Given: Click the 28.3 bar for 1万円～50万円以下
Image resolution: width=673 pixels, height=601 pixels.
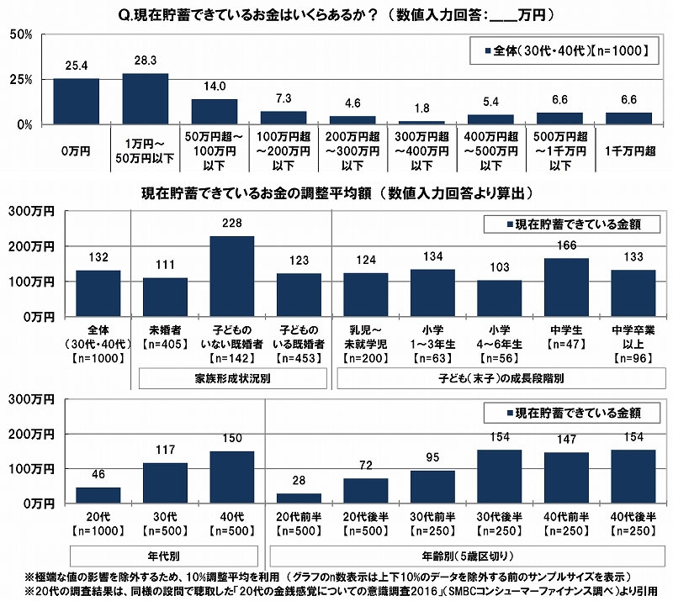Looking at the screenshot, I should pyautogui.click(x=146, y=99).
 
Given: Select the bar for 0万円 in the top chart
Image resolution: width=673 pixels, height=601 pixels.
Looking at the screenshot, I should pyautogui.click(x=77, y=102).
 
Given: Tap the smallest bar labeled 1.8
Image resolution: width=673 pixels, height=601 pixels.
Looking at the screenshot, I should pyautogui.click(x=421, y=122).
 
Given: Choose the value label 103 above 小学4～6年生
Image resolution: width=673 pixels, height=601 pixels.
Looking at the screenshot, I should pyautogui.click(x=501, y=267).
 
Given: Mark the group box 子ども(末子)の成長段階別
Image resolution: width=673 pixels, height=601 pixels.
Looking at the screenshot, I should pyautogui.click(x=500, y=378).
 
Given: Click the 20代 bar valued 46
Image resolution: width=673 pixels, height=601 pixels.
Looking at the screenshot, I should pyautogui.click(x=98, y=494).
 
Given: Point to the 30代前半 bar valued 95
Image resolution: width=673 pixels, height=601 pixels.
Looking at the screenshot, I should pyautogui.click(x=433, y=486).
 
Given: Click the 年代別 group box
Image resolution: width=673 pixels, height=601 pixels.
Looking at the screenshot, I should pyautogui.click(x=166, y=556).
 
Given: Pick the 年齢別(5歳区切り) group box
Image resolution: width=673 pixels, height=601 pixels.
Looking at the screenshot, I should pyautogui.click(x=467, y=556).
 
